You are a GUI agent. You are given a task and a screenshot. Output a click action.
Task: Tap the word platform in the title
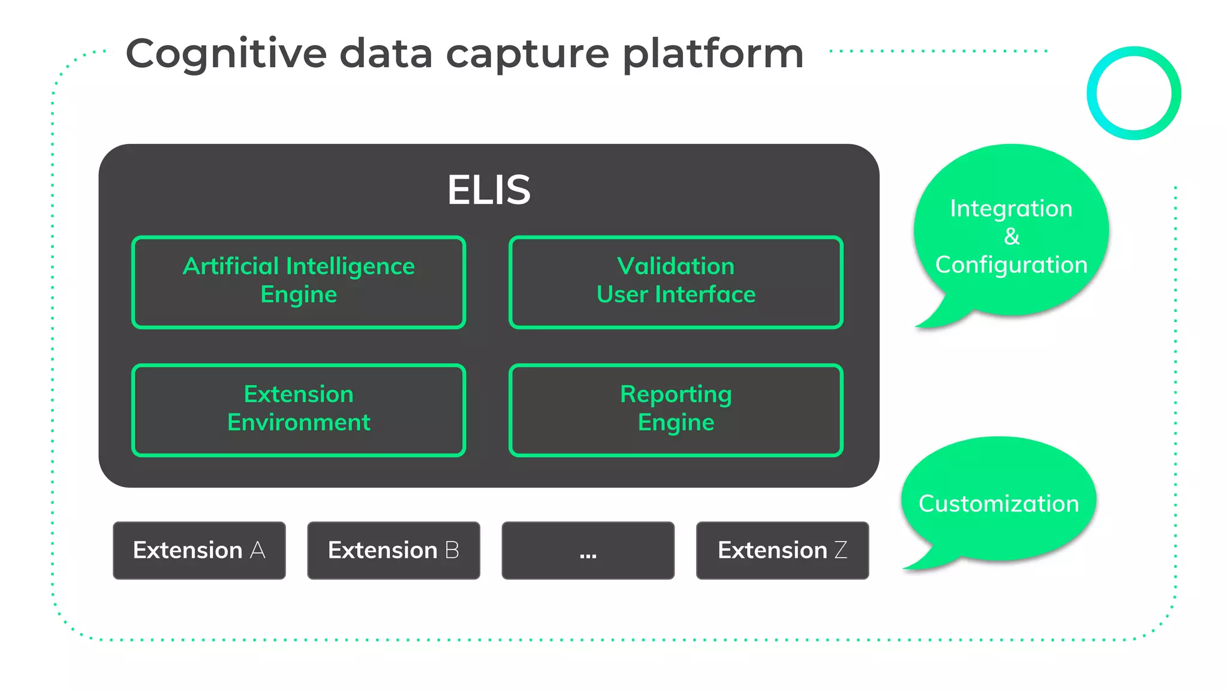pyautogui.click(x=712, y=55)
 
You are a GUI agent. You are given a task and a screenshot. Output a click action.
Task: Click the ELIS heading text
pyautogui.click(x=489, y=190)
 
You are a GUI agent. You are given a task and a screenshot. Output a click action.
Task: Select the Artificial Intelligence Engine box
pyautogui.click(x=299, y=282)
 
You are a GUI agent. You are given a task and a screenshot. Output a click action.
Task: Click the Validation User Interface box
pyautogui.click(x=676, y=282)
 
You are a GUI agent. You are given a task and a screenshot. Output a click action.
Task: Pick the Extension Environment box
pyautogui.click(x=299, y=410)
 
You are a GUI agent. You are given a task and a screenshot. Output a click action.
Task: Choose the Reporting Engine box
pyautogui.click(x=676, y=410)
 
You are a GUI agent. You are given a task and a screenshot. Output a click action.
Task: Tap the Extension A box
pyautogui.click(x=199, y=550)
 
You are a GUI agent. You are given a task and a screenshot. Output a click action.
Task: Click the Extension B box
pyautogui.click(x=393, y=550)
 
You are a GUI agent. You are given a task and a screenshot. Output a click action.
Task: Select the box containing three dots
pyautogui.click(x=588, y=550)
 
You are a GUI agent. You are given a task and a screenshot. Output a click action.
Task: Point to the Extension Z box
pyautogui.click(x=782, y=550)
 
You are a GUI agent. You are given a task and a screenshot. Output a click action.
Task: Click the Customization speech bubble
pyautogui.click(x=998, y=503)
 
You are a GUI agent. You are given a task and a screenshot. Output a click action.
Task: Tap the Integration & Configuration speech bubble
pyautogui.click(x=1011, y=231)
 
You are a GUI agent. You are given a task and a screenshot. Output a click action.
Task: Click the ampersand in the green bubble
pyautogui.click(x=1012, y=236)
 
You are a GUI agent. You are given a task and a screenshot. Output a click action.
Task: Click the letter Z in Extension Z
pyautogui.click(x=841, y=550)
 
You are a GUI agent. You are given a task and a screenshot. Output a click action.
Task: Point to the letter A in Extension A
pyautogui.click(x=258, y=550)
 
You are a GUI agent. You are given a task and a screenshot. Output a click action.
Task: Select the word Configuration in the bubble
pyautogui.click(x=1011, y=265)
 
